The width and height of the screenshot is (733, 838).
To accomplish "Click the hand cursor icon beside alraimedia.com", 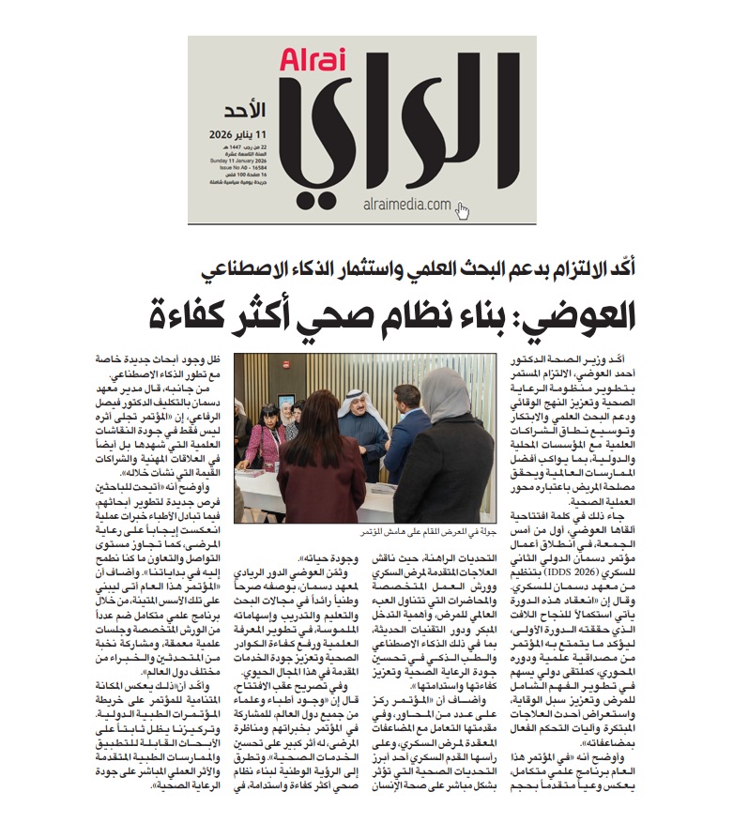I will pos(463,210).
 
